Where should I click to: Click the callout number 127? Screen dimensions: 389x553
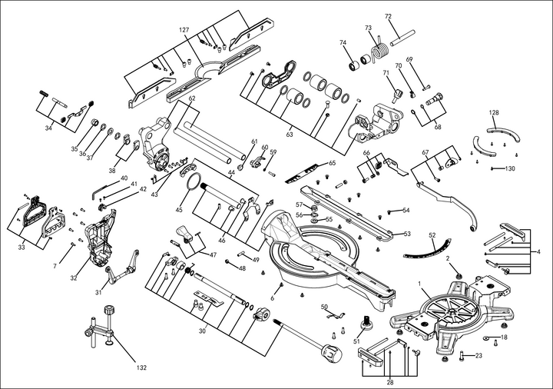tap(184, 29)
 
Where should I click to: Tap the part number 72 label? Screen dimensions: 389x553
tap(388, 17)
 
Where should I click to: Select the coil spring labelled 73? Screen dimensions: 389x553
tap(379, 52)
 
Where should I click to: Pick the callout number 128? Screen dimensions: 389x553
tap(494, 112)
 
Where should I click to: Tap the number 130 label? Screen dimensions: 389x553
tap(510, 168)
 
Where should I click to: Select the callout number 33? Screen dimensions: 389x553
tap(22, 247)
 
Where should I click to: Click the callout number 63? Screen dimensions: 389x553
tap(290, 135)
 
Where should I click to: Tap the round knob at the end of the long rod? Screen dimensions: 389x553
tap(331, 354)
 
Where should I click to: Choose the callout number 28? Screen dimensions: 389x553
tap(390, 382)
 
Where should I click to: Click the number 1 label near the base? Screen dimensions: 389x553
tap(420, 284)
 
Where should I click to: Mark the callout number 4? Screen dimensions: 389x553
tap(539, 251)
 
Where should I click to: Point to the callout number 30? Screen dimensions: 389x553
tap(202, 331)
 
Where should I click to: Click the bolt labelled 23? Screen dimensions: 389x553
tap(463, 355)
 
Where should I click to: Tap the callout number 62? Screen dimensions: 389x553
tap(192, 98)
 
